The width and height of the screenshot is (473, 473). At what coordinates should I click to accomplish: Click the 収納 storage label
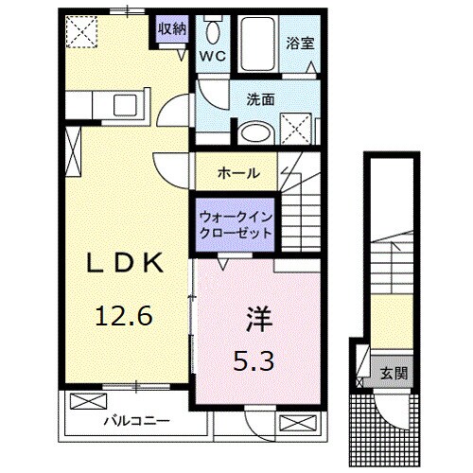click(x=171, y=29)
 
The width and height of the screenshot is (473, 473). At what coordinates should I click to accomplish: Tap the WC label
click(x=211, y=54)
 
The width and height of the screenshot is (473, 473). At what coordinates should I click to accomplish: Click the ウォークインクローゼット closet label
click(x=236, y=223)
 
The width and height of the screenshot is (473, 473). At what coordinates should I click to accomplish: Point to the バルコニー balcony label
click(x=138, y=419)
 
